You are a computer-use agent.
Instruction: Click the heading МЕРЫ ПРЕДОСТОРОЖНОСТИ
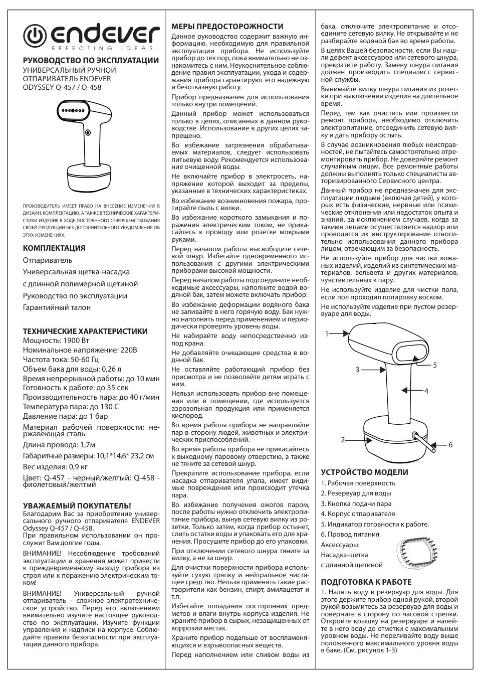(x=227, y=27)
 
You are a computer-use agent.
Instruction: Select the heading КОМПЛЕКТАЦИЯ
(x=54, y=248)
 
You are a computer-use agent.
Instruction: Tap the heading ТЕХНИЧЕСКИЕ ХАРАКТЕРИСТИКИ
(x=85, y=331)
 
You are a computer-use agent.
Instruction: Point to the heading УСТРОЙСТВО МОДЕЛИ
(x=364, y=472)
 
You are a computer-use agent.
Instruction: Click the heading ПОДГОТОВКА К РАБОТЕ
(x=366, y=582)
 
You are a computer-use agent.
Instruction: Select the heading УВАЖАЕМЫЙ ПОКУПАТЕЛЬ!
(x=77, y=505)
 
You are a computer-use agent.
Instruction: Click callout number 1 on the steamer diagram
(x=327, y=333)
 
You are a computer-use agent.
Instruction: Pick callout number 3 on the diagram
(x=358, y=370)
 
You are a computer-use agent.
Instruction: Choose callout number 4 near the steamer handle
(x=426, y=391)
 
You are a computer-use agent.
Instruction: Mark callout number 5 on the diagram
(x=435, y=365)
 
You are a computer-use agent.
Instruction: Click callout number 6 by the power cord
(x=450, y=445)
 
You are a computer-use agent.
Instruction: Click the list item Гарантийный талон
(x=57, y=307)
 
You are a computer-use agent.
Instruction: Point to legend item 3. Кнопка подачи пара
(x=356, y=503)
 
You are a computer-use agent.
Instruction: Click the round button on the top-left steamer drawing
(x=88, y=132)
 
